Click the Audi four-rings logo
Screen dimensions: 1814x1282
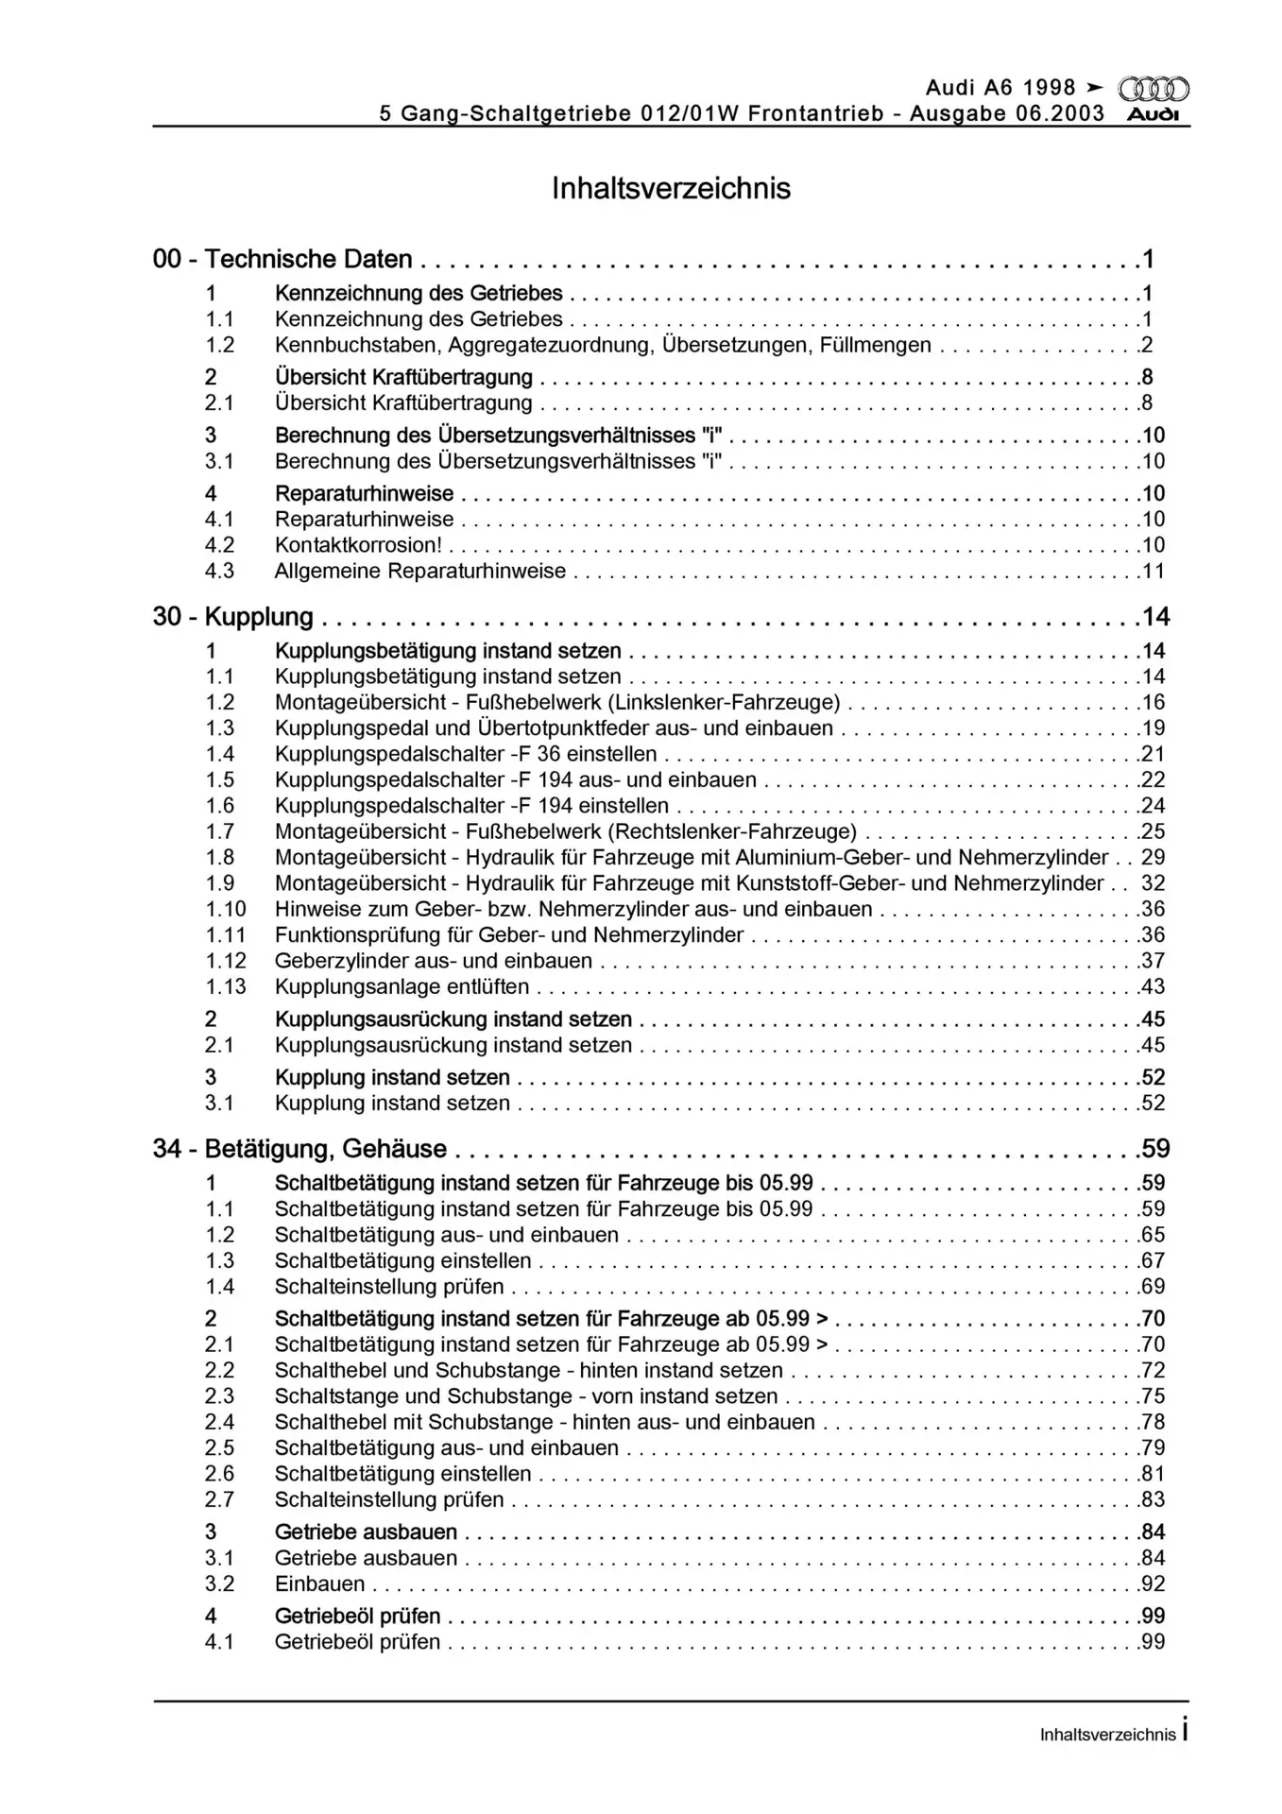(1153, 90)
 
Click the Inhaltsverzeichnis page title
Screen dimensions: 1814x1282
(671, 188)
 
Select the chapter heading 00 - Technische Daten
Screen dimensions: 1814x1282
(282, 259)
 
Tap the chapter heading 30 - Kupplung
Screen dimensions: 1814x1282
(232, 617)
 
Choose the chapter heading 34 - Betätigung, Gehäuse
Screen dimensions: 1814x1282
(299, 1149)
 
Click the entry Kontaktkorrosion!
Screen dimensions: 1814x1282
(358, 545)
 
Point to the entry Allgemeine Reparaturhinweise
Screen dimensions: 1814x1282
(420, 571)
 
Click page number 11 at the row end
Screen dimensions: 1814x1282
(1154, 571)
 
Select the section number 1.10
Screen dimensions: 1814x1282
(226, 909)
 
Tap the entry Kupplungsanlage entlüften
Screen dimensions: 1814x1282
(402, 986)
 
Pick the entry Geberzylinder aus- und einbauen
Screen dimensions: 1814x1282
(434, 961)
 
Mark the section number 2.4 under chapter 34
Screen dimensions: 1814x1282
(219, 1422)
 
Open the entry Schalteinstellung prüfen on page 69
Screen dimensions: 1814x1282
(389, 1286)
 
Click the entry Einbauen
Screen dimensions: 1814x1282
(319, 1583)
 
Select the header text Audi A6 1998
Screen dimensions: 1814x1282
(1000, 88)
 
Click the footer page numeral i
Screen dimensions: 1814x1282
(1185, 1731)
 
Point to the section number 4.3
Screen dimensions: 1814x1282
(219, 571)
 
